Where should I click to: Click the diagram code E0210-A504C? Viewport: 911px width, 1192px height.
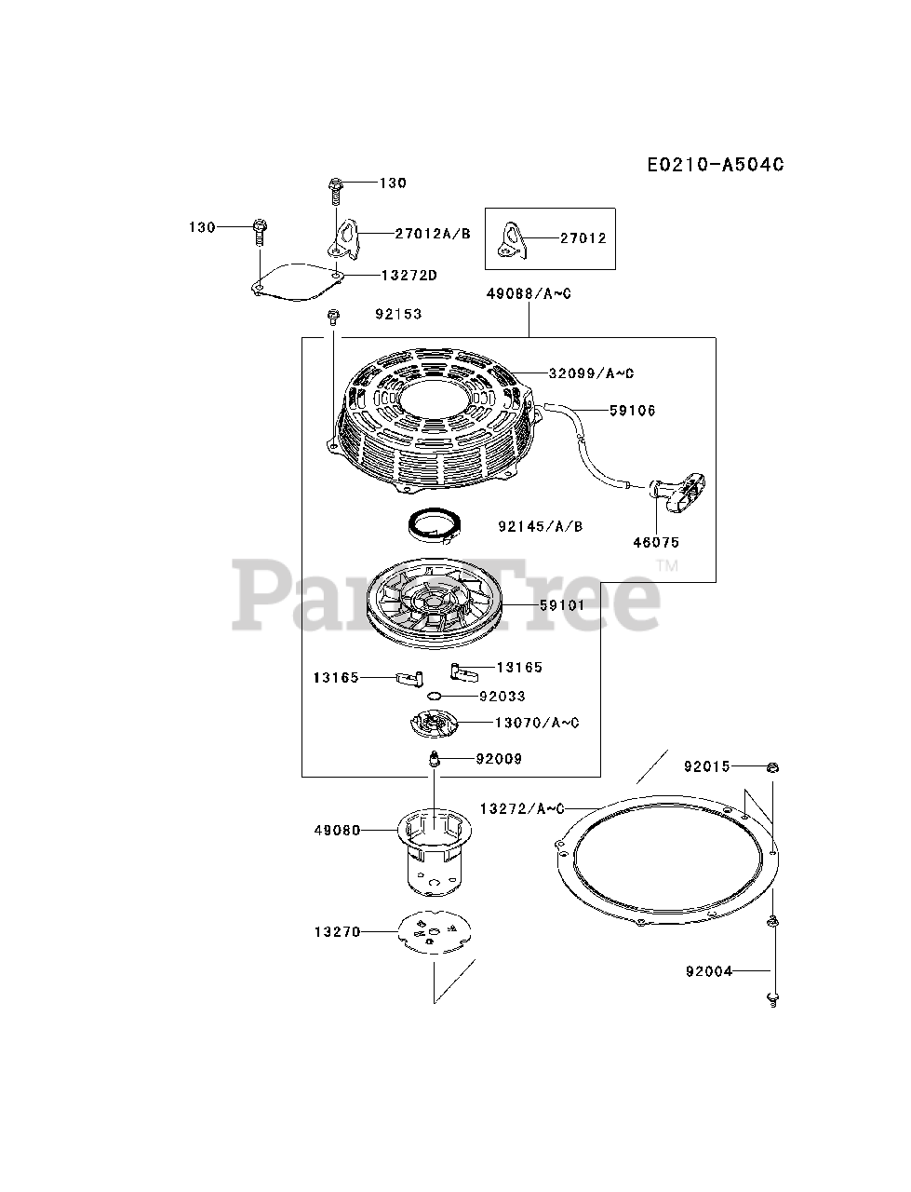coord(716,165)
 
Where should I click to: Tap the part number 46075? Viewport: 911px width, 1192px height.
coord(657,542)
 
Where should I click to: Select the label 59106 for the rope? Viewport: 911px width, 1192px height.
coord(633,410)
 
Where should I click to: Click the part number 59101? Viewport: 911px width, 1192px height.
coord(562,604)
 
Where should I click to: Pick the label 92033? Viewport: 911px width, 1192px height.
coord(502,696)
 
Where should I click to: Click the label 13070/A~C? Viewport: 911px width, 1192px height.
coord(537,723)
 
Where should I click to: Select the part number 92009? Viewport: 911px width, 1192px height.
coord(499,759)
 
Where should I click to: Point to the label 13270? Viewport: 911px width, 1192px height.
coord(337,930)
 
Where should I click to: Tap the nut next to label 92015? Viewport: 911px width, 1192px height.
coord(773,767)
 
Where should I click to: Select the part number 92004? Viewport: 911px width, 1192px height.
coord(709,971)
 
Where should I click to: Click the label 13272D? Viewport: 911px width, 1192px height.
coord(409,275)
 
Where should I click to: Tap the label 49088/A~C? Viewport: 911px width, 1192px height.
coord(529,293)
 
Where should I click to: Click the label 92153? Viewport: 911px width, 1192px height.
coord(398,314)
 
